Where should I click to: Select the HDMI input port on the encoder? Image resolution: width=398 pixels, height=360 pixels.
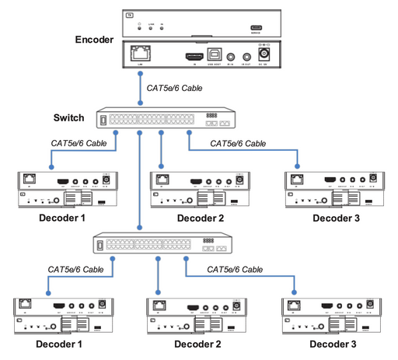click(x=192, y=56)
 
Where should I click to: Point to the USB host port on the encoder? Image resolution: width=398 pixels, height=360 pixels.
click(x=212, y=56)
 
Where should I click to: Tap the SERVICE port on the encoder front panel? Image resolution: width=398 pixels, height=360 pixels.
click(x=255, y=26)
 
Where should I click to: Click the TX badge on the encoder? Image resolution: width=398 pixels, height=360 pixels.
click(x=129, y=13)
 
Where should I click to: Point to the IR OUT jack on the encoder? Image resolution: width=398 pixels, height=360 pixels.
click(x=247, y=56)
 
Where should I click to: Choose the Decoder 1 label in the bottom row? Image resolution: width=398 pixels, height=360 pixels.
click(x=54, y=344)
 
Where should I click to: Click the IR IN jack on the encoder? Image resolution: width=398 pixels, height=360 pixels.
click(x=231, y=56)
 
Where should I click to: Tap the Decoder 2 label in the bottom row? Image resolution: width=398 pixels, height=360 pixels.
click(x=196, y=344)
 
